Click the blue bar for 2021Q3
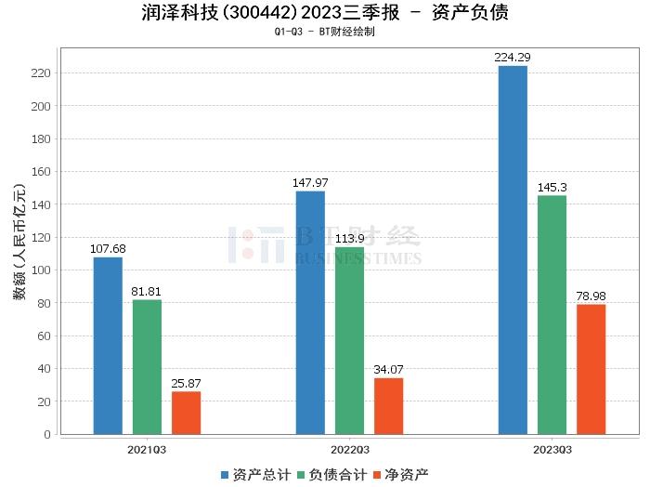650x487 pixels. click(108, 345)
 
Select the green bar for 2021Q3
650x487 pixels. click(147, 366)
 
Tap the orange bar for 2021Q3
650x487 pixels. click(186, 413)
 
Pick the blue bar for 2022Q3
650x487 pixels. click(310, 312)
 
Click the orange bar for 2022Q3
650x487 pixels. click(388, 405)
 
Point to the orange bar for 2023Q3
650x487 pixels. click(591, 369)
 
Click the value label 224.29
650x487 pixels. click(513, 58)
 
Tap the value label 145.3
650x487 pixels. click(552, 188)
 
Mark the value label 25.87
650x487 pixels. click(186, 384)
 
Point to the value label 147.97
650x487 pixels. click(310, 183)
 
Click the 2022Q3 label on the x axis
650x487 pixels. click(349, 450)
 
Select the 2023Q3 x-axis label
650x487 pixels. click(552, 450)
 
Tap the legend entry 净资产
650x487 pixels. click(400, 475)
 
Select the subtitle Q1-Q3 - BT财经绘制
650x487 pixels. click(325, 32)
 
